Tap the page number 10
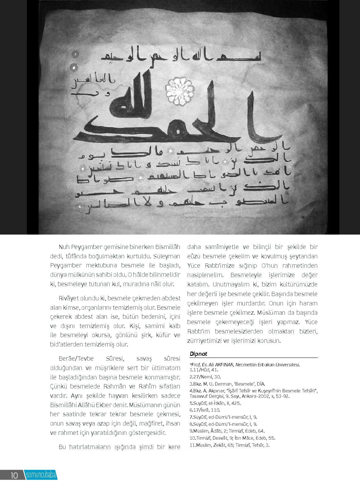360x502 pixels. (14, 475)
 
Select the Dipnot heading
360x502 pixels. (198, 354)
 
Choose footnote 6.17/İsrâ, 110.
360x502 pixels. (205, 410)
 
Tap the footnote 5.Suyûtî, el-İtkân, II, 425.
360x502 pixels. (215, 403)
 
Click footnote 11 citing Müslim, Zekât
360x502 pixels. (230, 445)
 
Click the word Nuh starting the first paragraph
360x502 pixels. (64, 247)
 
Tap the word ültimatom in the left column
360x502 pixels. (167, 368)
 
